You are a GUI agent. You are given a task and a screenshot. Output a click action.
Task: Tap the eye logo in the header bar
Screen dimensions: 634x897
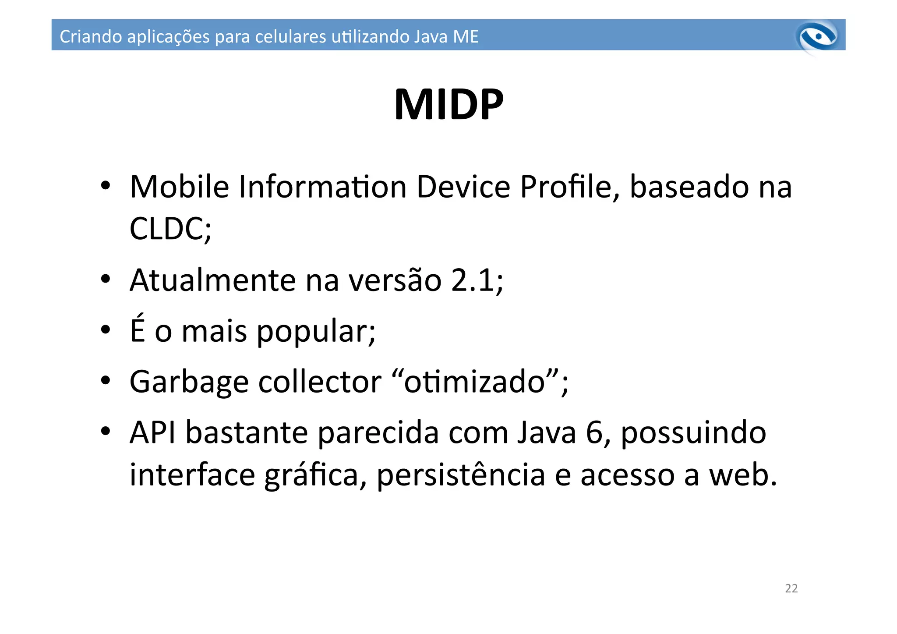click(817, 37)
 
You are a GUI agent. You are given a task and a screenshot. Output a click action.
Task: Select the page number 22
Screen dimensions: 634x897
click(791, 588)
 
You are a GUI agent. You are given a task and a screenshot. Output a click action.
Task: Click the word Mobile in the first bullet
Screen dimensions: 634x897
click(179, 187)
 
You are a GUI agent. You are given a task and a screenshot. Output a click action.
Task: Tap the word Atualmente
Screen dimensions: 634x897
click(213, 280)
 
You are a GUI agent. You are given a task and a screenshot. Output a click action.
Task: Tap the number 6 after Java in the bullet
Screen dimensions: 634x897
click(594, 433)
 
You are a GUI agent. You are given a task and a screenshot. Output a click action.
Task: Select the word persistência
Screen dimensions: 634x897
click(461, 475)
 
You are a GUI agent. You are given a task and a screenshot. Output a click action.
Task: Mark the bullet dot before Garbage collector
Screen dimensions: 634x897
click(105, 381)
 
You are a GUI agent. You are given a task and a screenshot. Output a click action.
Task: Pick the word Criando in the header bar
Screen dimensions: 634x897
click(90, 36)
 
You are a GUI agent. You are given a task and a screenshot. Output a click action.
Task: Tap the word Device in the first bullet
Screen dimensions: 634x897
click(463, 187)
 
